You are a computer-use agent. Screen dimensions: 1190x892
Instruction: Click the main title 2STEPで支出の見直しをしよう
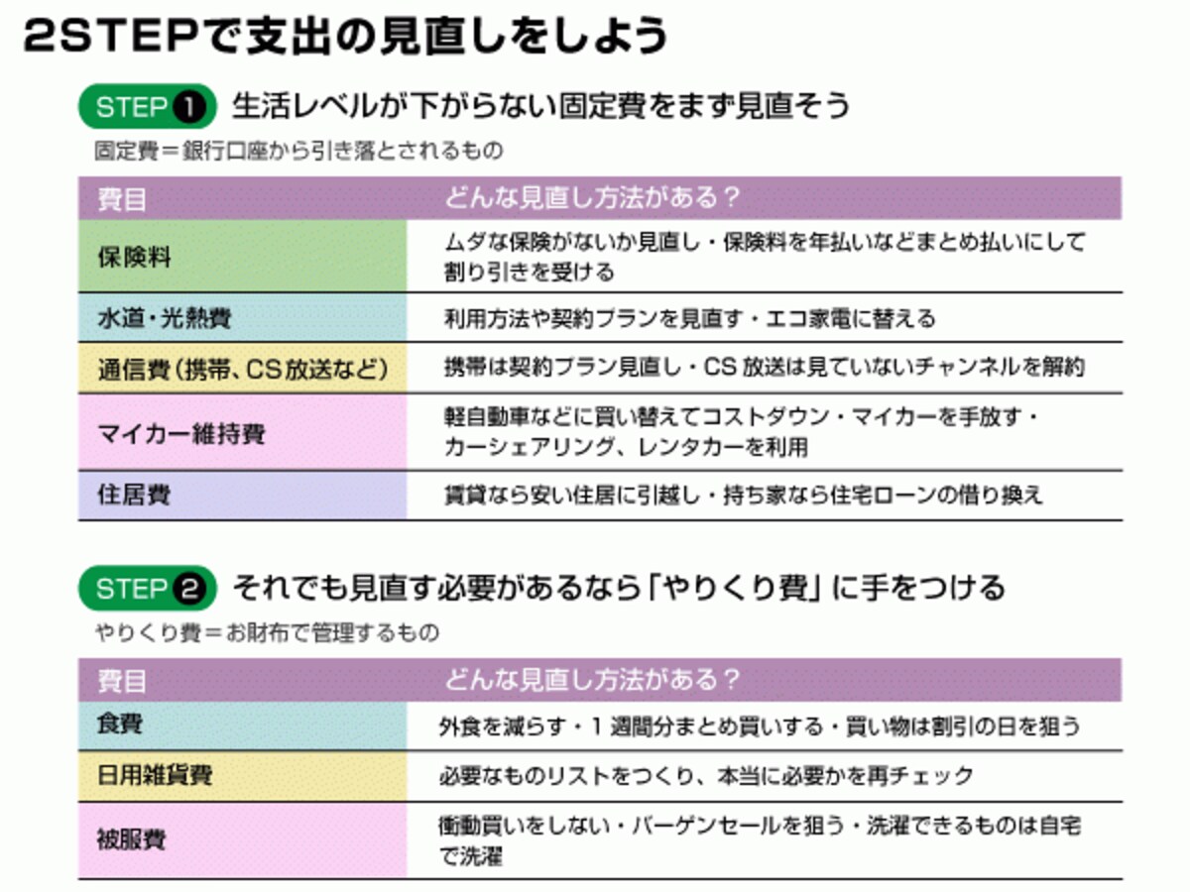(x=345, y=36)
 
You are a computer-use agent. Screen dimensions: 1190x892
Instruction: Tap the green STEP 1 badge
(x=148, y=106)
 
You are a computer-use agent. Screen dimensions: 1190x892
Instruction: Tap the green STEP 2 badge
(x=148, y=588)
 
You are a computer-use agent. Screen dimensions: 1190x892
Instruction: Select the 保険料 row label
(x=135, y=257)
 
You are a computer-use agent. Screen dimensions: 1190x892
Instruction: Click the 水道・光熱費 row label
(x=165, y=318)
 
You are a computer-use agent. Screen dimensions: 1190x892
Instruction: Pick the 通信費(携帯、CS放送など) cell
(x=243, y=370)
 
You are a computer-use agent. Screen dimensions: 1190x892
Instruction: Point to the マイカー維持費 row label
(x=181, y=433)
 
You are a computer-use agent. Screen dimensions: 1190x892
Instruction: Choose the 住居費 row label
(x=135, y=495)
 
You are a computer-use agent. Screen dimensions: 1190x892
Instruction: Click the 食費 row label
(x=120, y=724)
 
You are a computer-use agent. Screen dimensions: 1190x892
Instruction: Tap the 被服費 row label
(x=131, y=839)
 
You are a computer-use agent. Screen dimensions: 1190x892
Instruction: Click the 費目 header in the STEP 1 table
(x=122, y=199)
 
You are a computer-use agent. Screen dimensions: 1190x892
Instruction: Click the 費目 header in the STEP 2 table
(x=122, y=681)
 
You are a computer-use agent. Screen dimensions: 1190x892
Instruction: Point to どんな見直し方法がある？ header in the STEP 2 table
(x=593, y=679)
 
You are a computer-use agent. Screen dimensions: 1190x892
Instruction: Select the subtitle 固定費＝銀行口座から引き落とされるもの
(x=298, y=151)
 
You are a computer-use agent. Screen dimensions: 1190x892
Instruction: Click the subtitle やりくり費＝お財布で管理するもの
(x=268, y=632)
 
